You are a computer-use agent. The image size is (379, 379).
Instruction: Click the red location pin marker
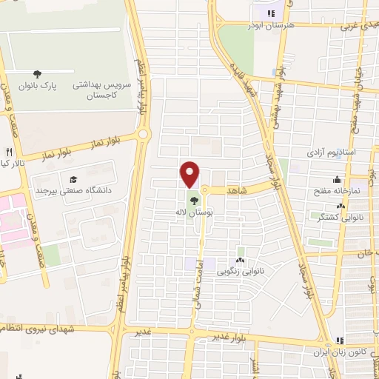[190, 173]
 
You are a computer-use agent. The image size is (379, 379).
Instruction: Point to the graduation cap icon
[73, 178]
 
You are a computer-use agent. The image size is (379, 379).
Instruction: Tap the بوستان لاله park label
[189, 212]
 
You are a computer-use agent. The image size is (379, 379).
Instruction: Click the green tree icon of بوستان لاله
[193, 199]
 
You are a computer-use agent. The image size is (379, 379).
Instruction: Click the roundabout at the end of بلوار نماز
[144, 134]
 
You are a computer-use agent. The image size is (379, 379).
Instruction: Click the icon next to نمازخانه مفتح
[338, 178]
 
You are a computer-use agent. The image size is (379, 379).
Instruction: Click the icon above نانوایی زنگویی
[241, 260]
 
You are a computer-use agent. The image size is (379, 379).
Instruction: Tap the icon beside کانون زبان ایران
[341, 341]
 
